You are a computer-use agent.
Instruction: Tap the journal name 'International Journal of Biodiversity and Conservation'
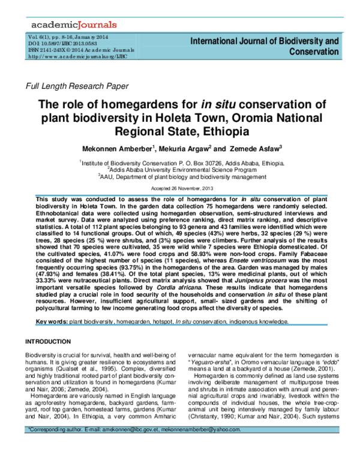pos(264,46)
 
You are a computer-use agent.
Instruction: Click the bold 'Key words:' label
pos(52,322)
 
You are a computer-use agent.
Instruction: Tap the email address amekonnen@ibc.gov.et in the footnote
pos(143,448)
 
